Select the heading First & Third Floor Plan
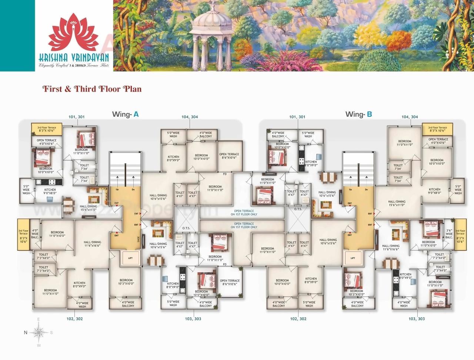(92, 89)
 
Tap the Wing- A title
(125, 114)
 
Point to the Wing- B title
(358, 114)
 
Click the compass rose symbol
(39, 332)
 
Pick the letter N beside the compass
(26, 332)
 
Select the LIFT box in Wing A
(130, 257)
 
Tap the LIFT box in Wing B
(353, 257)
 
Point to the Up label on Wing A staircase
(117, 189)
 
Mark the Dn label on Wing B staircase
(366, 189)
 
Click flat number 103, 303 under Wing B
(417, 319)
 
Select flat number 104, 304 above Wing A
(190, 117)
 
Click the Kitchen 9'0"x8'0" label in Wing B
(434, 191)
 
